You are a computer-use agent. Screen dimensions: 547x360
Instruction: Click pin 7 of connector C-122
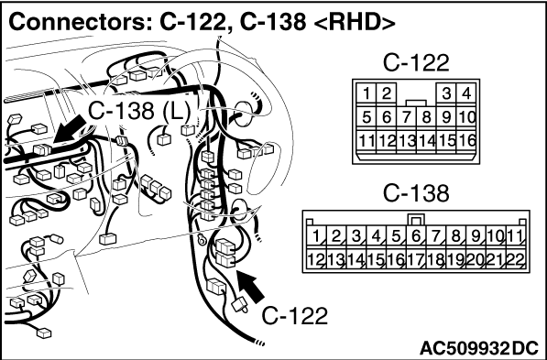click(x=407, y=117)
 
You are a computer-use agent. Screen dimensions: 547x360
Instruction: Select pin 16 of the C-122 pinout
click(x=466, y=141)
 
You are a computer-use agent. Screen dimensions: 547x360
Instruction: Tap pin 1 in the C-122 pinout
click(x=366, y=93)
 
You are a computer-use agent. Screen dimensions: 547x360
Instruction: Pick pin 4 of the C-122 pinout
click(x=466, y=93)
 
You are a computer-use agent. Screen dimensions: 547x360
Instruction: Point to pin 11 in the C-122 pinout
click(x=366, y=141)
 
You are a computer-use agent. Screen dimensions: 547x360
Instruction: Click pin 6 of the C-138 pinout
click(x=416, y=236)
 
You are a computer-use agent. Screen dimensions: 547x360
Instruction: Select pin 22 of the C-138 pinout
click(x=516, y=259)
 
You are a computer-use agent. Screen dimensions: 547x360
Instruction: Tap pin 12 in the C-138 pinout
click(x=316, y=259)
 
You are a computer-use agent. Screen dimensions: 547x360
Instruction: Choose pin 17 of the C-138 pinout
click(x=416, y=259)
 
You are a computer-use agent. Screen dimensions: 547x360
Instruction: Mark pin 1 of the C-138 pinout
click(x=316, y=236)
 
